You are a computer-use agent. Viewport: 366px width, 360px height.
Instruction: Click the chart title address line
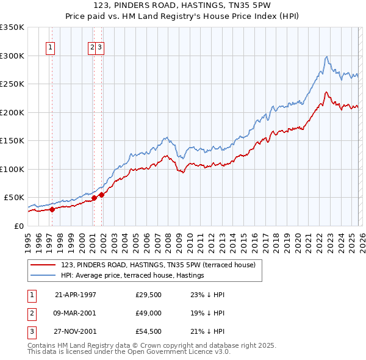(x=182, y=5)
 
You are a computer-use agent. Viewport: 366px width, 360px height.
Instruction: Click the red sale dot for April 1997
(x=52, y=209)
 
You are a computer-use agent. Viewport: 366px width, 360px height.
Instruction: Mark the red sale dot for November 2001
(x=102, y=195)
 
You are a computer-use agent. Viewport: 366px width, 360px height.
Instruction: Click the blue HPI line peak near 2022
(x=327, y=57)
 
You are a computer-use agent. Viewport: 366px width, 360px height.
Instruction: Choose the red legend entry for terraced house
(x=162, y=265)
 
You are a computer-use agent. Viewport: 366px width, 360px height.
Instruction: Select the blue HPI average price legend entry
(x=132, y=276)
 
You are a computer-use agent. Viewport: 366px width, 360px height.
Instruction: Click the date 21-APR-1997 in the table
(x=76, y=294)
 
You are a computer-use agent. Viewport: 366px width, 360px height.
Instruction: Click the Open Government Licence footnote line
(x=129, y=353)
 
